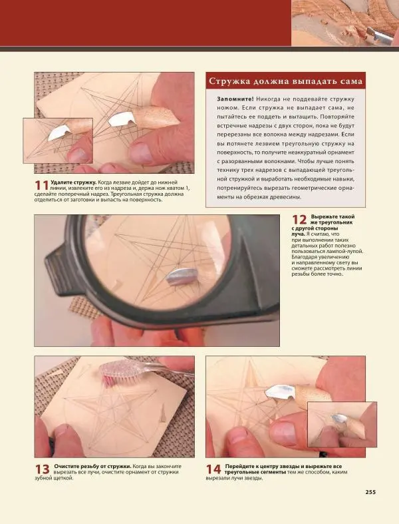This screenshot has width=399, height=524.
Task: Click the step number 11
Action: pos(42,186)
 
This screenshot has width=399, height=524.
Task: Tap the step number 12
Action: pos(299,220)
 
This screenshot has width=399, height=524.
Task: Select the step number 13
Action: pos(43,469)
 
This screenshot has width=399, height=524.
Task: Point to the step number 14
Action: pos(213,469)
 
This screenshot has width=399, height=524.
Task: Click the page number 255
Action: pos(370,492)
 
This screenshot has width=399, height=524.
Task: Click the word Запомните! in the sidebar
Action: pos(235,99)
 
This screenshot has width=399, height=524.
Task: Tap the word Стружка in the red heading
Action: pos(229,81)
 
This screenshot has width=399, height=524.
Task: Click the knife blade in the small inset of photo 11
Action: pos(59,132)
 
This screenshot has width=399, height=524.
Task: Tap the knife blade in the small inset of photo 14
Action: pos(340,419)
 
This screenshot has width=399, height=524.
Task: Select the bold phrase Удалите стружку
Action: pos(74,182)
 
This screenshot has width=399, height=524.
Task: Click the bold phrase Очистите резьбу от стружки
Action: pos(93,466)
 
